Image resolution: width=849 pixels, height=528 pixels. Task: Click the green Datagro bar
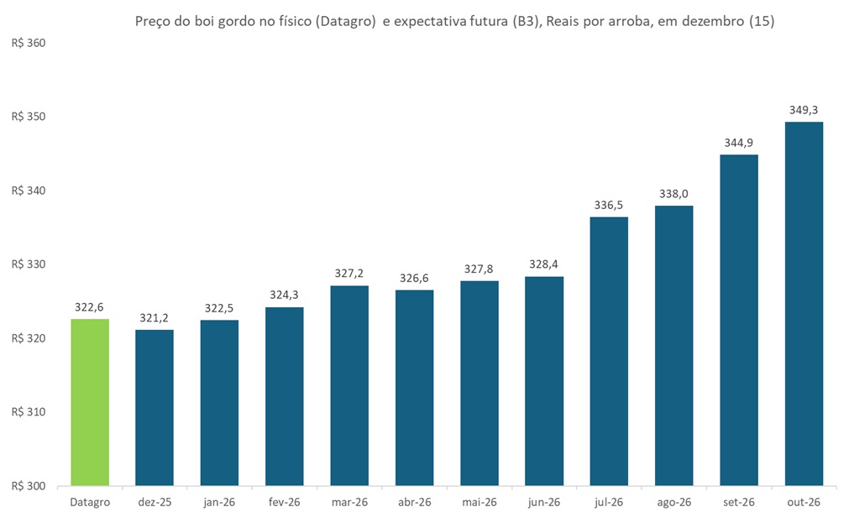click(x=90, y=402)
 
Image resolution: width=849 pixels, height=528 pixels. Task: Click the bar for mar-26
click(x=349, y=385)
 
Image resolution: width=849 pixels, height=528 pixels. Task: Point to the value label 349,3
click(x=804, y=110)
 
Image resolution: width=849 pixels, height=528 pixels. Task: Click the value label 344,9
click(x=739, y=143)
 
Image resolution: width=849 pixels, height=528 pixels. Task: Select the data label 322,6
click(x=90, y=307)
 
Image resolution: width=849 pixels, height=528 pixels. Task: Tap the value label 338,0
click(x=673, y=194)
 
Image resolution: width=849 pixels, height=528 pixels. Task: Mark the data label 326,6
click(x=414, y=278)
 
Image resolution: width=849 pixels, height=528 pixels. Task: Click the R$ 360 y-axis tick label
click(x=27, y=43)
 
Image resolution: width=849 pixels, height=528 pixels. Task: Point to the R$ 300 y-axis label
click(x=27, y=486)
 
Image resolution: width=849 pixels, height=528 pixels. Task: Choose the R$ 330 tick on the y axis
click(x=27, y=264)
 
